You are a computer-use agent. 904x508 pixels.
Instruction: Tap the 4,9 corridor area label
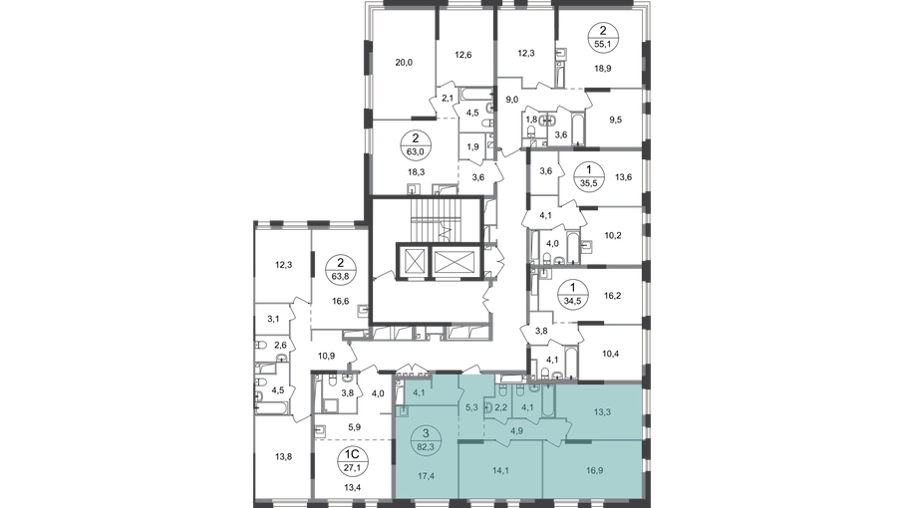[517, 431]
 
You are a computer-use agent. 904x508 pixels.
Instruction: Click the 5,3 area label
[470, 406]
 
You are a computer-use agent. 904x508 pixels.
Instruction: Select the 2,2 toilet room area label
[502, 406]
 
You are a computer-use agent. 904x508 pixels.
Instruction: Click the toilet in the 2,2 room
[489, 405]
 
